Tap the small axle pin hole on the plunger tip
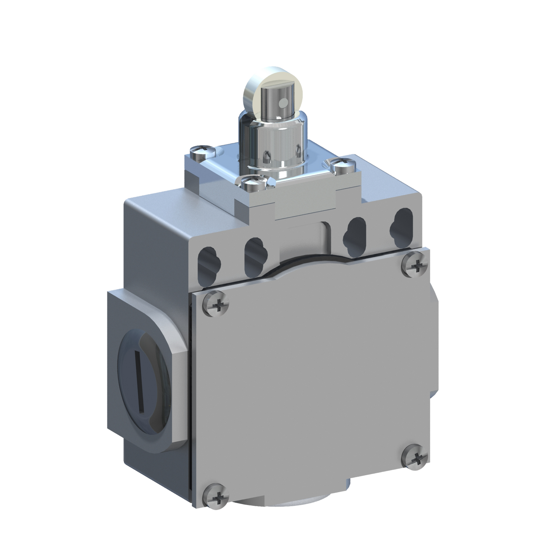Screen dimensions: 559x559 tap(284, 102)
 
